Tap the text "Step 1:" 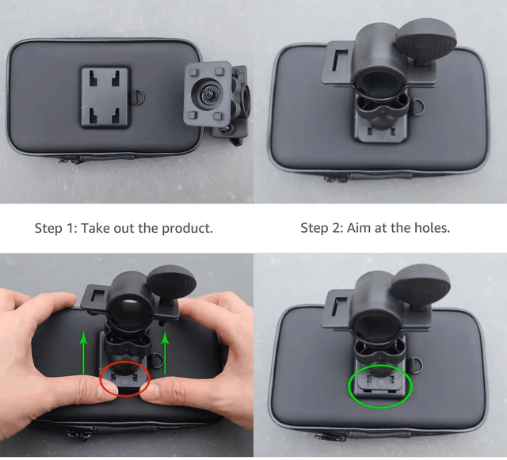pyautogui.click(x=56, y=229)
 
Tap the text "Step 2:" pyautogui.click(x=322, y=228)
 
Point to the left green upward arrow pyautogui.click(x=84, y=352)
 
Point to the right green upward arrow pyautogui.click(x=166, y=352)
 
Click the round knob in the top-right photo pyautogui.click(x=426, y=37)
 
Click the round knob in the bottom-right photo pyautogui.click(x=421, y=283)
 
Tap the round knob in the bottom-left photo pyautogui.click(x=171, y=282)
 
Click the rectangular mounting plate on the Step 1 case pyautogui.click(x=105, y=97)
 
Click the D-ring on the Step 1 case pyautogui.click(x=138, y=97)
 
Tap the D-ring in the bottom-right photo pyautogui.click(x=417, y=366)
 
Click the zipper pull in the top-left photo pyautogui.click(x=70, y=159)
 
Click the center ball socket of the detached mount pyautogui.click(x=207, y=95)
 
